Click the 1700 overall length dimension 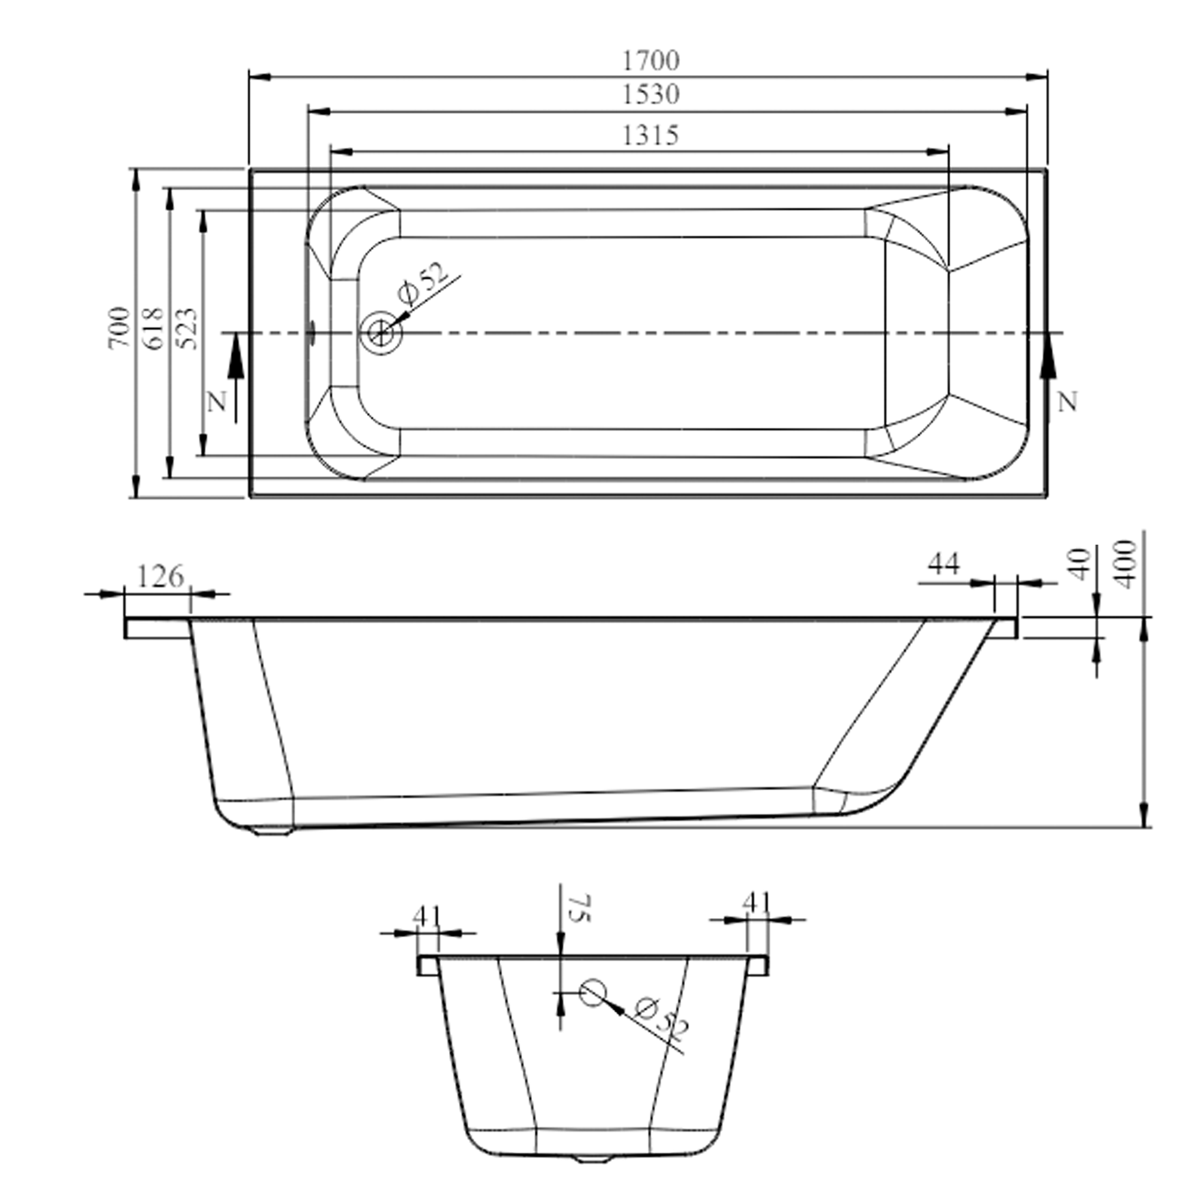point(651,60)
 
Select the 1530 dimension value point(651,94)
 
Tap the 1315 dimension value point(651,135)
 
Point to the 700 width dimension point(120,328)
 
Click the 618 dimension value point(154,328)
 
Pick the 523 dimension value point(187,328)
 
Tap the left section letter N point(216,404)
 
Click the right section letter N point(1066,403)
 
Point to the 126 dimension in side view point(160,577)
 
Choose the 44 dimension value point(943,564)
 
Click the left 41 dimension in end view point(427,916)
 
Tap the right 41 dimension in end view point(757,902)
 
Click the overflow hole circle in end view point(593,993)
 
